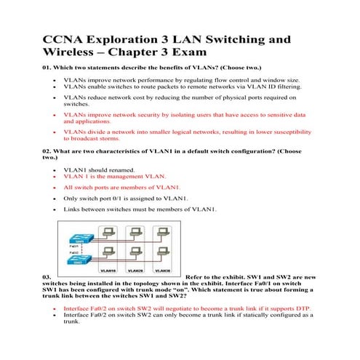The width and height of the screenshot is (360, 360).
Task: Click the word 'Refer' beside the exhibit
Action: click(x=197, y=277)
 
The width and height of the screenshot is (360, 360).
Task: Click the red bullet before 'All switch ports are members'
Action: click(x=56, y=187)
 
